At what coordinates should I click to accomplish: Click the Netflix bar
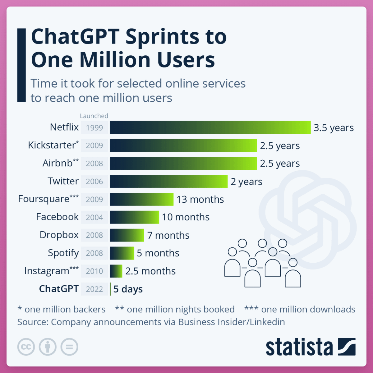210,127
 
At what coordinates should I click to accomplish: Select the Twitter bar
168,181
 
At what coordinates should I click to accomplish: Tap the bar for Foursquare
141,199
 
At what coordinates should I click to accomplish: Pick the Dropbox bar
127,235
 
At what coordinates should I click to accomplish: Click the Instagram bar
116,271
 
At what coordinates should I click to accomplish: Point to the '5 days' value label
128,289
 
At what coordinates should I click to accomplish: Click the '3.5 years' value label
334,128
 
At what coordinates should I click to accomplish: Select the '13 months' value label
200,199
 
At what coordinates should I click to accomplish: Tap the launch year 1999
94,128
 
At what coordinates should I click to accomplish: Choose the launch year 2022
94,289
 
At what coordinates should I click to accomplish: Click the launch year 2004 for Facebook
94,217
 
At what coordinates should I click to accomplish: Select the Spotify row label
63,253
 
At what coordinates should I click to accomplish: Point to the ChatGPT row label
59,289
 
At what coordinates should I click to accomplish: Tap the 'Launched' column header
94,116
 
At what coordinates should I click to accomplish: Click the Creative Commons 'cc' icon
26,347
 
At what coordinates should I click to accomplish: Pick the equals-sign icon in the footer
69,347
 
